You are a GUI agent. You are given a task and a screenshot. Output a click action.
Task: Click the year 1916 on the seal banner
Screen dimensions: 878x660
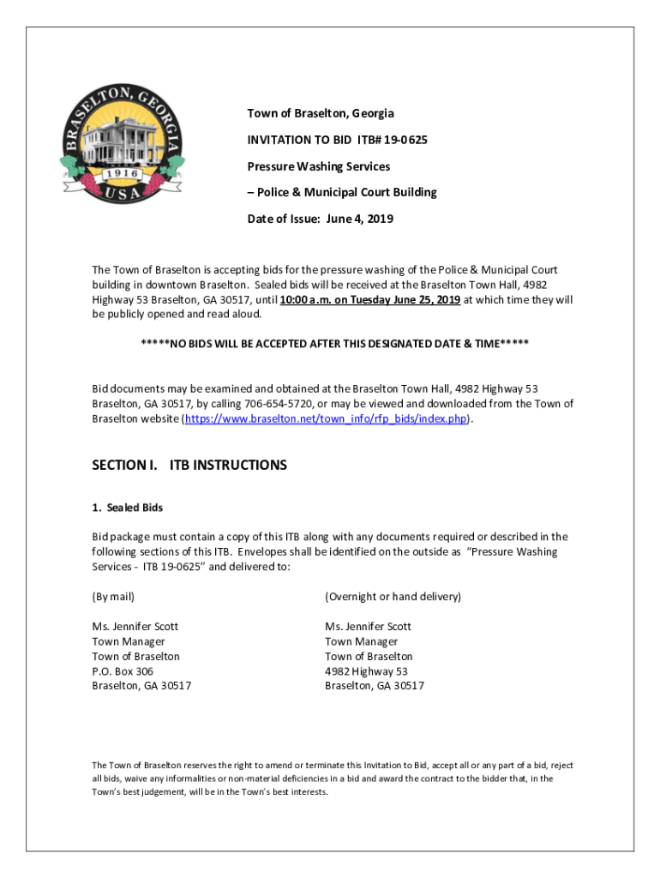121,174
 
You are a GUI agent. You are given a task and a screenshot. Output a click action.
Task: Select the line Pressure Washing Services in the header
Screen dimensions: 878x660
319,166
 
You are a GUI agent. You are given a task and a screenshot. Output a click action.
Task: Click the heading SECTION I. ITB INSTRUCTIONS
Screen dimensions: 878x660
189,465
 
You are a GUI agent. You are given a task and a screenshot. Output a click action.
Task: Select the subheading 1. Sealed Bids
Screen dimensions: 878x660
127,508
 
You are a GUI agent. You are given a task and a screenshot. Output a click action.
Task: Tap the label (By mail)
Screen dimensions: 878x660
113,597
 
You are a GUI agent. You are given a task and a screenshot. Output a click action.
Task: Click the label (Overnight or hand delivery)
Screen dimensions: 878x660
393,597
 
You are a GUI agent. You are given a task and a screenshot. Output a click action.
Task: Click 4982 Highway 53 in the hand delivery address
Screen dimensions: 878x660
366,671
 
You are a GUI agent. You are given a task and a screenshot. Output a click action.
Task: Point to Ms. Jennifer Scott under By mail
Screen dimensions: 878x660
135,627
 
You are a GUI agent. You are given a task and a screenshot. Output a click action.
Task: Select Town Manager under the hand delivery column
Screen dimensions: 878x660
361,641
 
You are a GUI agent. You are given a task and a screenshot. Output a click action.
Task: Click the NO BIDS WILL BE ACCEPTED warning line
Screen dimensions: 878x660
334,344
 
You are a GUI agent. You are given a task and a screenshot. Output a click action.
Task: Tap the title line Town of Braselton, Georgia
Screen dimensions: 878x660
321,113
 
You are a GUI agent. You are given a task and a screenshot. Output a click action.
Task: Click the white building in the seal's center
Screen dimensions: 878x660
121,136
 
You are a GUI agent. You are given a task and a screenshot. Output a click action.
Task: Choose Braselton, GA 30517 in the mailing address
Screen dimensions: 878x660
141,686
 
